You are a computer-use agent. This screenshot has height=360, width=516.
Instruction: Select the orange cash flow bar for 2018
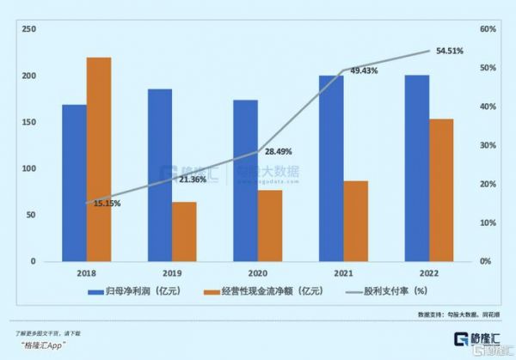[99, 159]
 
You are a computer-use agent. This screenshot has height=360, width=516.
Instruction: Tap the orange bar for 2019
[184, 231]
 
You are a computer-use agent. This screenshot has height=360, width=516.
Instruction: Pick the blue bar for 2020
[245, 180]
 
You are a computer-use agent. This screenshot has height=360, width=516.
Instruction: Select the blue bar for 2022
[416, 168]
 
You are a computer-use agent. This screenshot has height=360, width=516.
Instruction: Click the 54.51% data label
[449, 52]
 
